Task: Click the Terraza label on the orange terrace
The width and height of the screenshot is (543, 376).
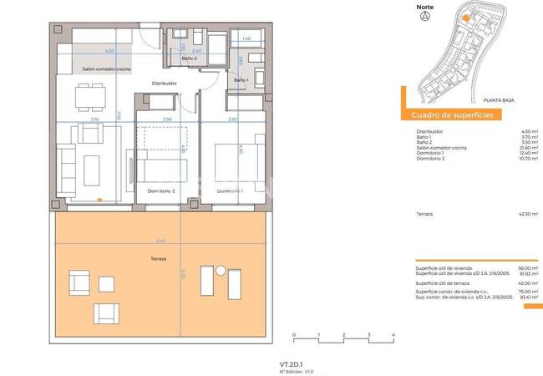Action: coord(159,258)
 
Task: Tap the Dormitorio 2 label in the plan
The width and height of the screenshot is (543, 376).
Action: coord(160,191)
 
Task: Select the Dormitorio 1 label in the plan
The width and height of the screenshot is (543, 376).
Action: coord(230,191)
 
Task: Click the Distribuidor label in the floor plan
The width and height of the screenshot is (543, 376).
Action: coord(164,84)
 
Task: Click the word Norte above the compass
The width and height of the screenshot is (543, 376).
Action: coord(425,7)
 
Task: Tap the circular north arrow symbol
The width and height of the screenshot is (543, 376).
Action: coord(425,18)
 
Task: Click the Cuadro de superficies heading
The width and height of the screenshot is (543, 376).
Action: coord(452,115)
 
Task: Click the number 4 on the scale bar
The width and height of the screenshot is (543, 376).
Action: coord(393,334)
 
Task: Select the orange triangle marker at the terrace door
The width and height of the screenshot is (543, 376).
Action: coord(100,200)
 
